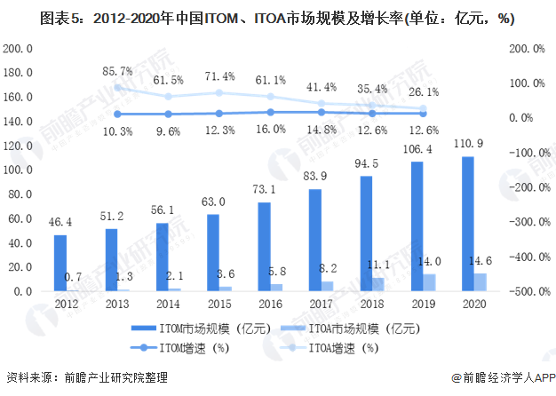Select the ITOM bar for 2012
point(60,263)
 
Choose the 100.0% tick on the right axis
point(525,83)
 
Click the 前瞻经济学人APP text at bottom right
point(507,379)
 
